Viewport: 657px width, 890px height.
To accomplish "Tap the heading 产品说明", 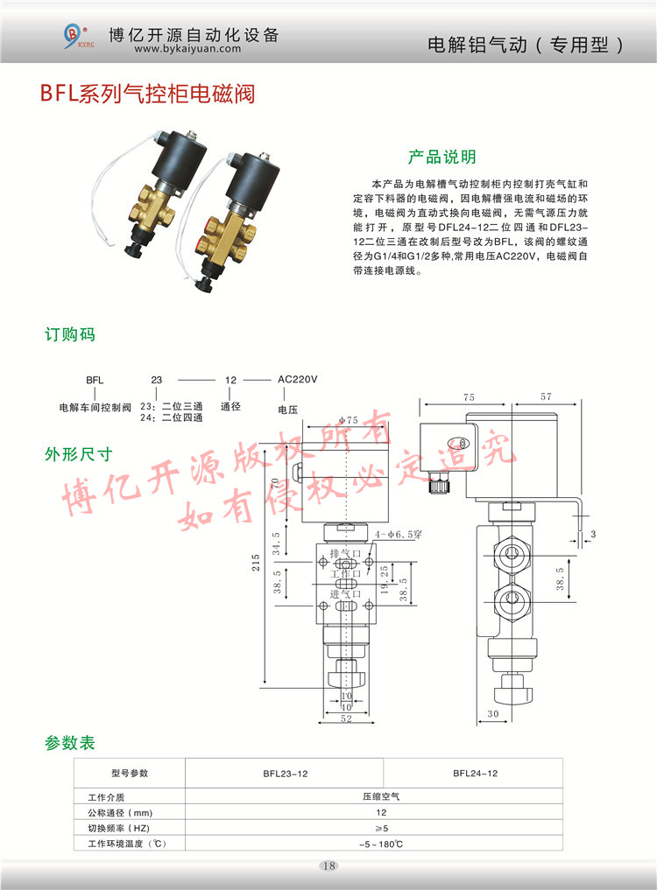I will (442, 158).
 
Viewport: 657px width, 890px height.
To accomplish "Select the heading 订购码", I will (70, 335).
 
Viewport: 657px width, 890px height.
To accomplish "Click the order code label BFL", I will (95, 381).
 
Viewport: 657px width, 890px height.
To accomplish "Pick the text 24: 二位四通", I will (171, 418).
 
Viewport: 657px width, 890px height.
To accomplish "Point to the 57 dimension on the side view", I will (547, 396).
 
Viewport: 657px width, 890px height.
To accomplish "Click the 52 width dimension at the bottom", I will (346, 718).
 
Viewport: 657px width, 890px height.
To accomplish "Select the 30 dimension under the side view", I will (492, 714).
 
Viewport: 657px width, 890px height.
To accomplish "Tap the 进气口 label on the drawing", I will (345, 594).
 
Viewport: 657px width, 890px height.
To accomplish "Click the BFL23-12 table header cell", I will (286, 774).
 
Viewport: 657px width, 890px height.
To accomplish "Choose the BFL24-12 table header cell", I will (476, 774).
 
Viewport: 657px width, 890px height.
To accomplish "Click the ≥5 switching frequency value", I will (380, 828).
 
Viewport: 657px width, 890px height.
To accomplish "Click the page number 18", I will (328, 866).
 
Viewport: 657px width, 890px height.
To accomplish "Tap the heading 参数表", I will (70, 744).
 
